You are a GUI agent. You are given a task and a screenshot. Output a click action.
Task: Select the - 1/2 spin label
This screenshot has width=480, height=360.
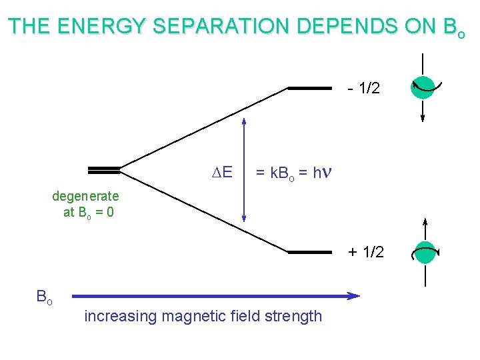[x=363, y=88]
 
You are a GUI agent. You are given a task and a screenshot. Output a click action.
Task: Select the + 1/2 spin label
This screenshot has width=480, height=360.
[x=366, y=252]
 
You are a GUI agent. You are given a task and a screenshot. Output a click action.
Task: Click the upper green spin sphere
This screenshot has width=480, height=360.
[x=423, y=85]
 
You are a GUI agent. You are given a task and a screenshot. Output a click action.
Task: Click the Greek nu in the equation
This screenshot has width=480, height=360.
[x=326, y=173]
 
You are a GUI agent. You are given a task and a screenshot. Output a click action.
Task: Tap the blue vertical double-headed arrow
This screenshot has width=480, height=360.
[x=244, y=170]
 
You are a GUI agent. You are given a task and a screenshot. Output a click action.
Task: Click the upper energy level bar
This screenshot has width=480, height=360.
[x=309, y=88]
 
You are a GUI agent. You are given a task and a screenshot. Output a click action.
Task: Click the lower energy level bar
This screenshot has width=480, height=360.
[x=309, y=252]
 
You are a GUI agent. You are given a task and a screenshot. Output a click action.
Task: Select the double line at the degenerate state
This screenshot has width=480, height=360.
[x=103, y=169]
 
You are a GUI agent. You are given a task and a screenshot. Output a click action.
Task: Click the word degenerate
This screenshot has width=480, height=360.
[x=85, y=197]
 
